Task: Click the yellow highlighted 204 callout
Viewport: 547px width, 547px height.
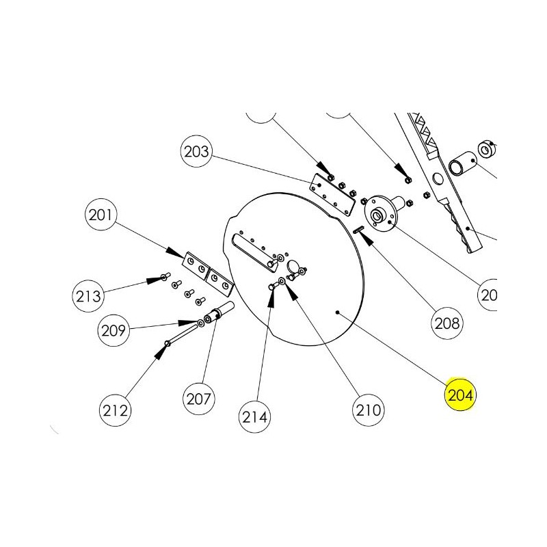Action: [460, 395]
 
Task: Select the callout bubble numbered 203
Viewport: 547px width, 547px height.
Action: [198, 151]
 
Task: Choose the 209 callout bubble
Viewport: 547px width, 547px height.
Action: [114, 330]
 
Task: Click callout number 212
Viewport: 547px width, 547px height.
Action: [116, 410]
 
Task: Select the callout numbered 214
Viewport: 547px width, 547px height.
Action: [254, 415]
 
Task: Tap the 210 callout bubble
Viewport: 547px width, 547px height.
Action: [369, 410]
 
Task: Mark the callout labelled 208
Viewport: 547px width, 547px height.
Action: [448, 321]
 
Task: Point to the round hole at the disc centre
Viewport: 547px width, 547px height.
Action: [292, 265]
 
